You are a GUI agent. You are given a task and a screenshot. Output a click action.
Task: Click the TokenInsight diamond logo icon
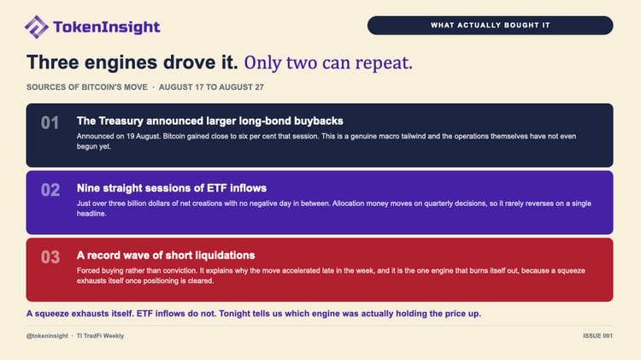[x=37, y=27]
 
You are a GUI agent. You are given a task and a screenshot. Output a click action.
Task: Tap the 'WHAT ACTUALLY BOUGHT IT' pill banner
[x=491, y=26]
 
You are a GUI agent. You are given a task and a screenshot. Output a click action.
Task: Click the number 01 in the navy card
[x=50, y=123]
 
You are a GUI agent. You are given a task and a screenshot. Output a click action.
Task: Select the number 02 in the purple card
[x=50, y=190]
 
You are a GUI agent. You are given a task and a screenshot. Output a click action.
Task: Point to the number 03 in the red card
[x=50, y=257]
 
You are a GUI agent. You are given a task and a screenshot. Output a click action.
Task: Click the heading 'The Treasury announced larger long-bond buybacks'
[x=209, y=121]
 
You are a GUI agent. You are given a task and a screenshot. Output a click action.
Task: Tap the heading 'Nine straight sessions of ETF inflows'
[x=172, y=188]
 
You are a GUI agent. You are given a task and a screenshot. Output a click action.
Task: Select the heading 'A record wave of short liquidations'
[x=166, y=256]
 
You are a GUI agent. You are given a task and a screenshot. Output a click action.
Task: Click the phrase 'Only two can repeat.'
[x=328, y=62]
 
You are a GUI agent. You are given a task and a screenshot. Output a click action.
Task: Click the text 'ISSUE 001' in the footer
[x=597, y=336]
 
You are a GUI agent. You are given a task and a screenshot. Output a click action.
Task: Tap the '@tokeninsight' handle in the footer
[x=47, y=336]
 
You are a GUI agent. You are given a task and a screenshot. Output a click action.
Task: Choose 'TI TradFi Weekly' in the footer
[x=100, y=336]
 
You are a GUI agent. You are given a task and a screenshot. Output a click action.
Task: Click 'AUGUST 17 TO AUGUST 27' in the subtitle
[x=211, y=87]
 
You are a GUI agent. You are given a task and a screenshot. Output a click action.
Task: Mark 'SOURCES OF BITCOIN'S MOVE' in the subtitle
[x=87, y=87]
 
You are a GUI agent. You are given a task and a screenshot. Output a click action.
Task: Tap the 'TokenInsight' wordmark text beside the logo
[x=107, y=27]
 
